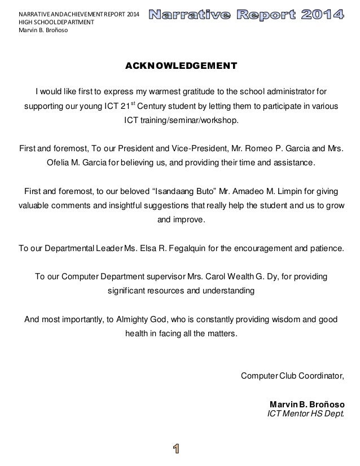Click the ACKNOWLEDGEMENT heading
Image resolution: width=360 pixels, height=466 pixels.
[x=181, y=67]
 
